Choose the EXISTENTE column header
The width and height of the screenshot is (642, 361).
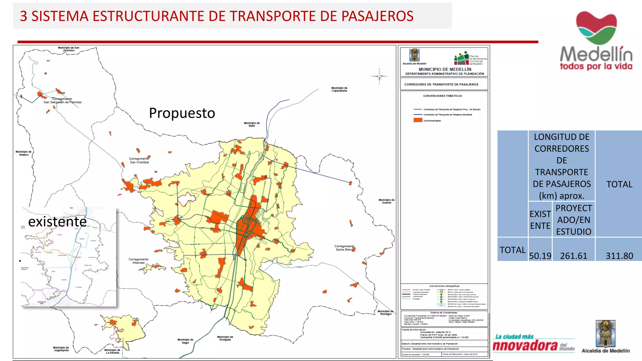tap(540, 220)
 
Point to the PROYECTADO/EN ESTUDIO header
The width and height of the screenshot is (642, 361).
tap(574, 220)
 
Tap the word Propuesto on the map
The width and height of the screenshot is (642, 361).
tap(182, 113)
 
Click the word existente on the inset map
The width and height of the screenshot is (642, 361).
tap(57, 222)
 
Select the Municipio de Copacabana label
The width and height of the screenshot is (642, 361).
tap(339, 89)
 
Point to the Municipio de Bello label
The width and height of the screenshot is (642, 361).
tap(252, 124)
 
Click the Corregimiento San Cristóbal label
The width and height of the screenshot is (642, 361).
tap(139, 160)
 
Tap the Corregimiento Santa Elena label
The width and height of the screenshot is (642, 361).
tap(344, 248)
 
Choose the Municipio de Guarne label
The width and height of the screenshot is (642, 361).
tap(387, 201)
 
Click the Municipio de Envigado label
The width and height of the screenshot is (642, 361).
tap(225, 338)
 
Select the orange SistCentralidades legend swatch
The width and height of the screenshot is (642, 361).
tap(418, 120)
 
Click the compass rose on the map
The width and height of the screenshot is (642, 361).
tap(379, 76)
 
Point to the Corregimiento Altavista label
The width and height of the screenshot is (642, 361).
tap(138, 261)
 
